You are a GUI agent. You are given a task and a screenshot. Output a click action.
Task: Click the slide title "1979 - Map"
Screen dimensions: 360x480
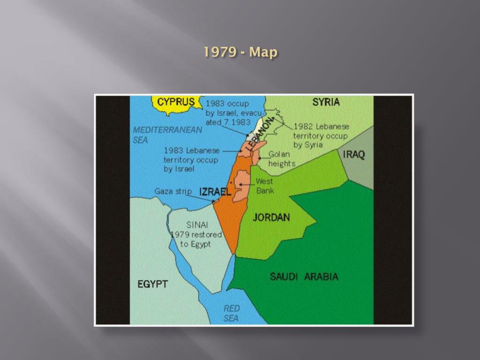[x=240, y=52]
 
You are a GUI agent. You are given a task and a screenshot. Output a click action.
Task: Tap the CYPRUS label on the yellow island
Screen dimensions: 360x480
[x=176, y=102]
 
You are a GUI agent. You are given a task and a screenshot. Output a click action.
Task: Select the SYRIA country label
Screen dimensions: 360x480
[x=326, y=102]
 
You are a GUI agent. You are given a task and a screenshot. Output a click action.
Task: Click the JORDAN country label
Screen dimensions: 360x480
[x=271, y=217]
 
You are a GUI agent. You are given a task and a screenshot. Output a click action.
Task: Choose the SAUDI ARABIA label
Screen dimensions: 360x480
[x=304, y=277]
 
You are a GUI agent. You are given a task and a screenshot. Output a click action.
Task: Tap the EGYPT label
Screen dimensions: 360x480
[x=152, y=284]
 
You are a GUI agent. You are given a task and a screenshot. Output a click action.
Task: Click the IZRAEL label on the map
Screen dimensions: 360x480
[x=215, y=192]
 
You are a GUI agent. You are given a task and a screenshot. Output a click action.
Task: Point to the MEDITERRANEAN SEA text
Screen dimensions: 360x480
[x=167, y=135]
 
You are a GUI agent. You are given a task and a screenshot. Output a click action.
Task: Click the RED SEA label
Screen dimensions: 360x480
[x=231, y=313]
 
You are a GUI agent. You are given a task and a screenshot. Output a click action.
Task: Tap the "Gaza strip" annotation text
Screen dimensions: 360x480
[x=173, y=191]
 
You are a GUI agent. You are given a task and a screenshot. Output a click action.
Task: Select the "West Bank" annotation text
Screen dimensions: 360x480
[x=265, y=186]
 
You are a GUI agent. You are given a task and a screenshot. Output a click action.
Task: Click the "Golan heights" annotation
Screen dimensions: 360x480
[x=281, y=159]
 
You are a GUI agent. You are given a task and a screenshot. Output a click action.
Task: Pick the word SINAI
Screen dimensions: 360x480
[x=197, y=225]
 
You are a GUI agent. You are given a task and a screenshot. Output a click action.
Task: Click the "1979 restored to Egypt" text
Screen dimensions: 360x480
[x=196, y=239]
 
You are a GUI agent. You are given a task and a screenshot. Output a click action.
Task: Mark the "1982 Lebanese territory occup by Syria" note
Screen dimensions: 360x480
[x=321, y=135]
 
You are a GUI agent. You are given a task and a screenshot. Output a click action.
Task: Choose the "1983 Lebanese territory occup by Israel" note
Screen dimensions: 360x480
[x=191, y=160]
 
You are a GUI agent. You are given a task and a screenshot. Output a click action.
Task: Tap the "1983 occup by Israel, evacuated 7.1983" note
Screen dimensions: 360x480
[x=228, y=113]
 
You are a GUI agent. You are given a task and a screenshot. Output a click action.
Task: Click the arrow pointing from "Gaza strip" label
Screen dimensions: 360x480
[x=203, y=196]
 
